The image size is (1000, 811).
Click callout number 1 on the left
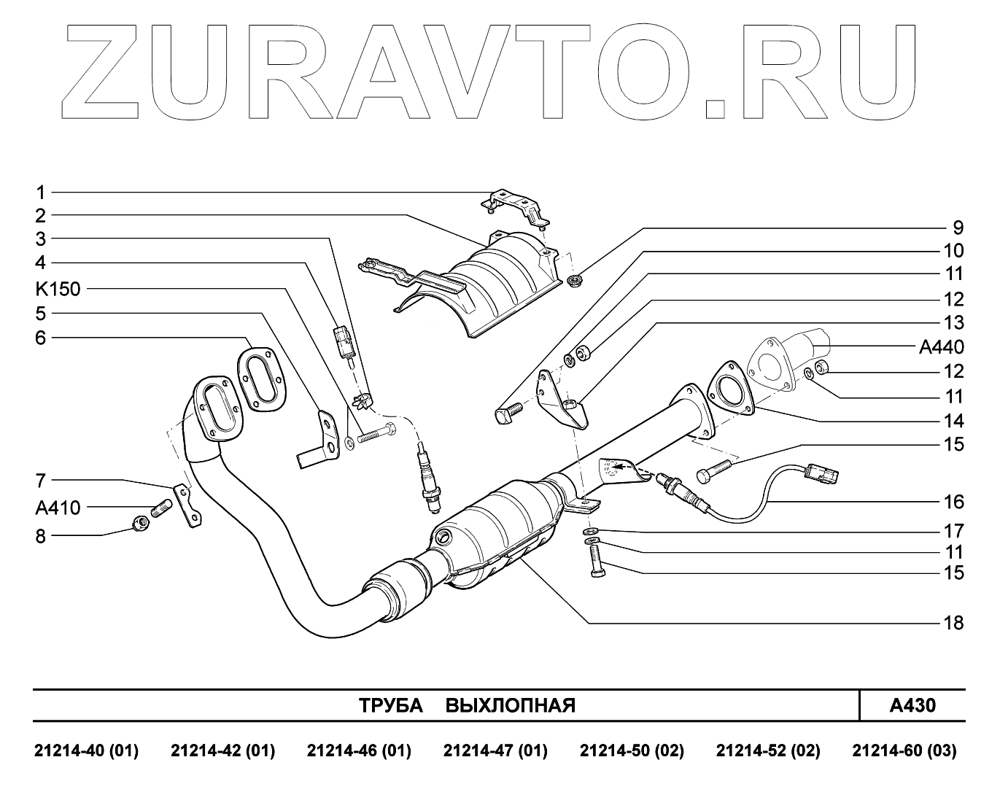42,193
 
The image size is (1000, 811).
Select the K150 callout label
57,288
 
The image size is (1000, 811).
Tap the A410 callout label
57,507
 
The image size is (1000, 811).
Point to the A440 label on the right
941,347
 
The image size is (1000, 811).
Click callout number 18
953,623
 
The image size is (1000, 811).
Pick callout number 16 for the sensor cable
953,502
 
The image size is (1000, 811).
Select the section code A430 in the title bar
912,705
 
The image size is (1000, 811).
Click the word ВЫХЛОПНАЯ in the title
510,706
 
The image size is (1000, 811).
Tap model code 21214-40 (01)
86,751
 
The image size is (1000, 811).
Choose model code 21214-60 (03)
904,751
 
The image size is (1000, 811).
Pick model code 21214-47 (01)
495,751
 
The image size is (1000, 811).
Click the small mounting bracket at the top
516,203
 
